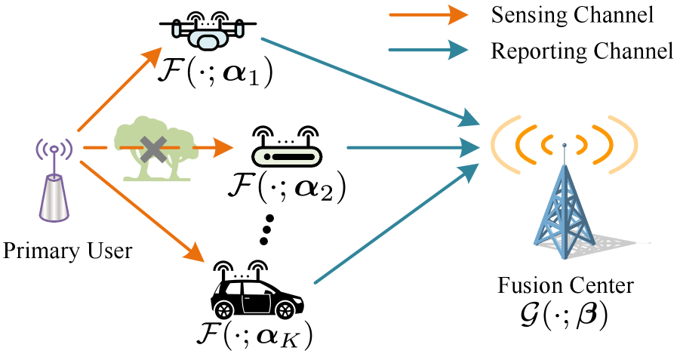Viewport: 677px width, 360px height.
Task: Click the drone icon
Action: pyautogui.click(x=208, y=37)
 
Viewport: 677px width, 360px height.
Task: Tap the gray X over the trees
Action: pyautogui.click(x=154, y=149)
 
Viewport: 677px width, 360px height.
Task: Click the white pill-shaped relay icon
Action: pyautogui.click(x=287, y=156)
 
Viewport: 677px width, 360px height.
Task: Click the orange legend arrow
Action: pyautogui.click(x=428, y=14)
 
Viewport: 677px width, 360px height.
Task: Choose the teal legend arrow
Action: pyautogui.click(x=428, y=50)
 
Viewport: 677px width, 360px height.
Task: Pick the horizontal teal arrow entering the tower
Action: pyautogui.click(x=412, y=147)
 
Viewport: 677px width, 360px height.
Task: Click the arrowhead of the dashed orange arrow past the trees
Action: pyautogui.click(x=223, y=147)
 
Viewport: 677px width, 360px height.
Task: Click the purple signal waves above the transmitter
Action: pyautogui.click(x=54, y=149)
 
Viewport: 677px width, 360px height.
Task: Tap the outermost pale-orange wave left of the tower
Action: pyautogui.click(x=500, y=143)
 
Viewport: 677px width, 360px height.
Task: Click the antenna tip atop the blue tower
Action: pyautogui.click(x=564, y=145)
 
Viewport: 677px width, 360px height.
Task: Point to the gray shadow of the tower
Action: pyautogui.click(x=615, y=243)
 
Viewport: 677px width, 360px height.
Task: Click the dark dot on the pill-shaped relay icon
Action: pyautogui.click(x=267, y=156)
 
